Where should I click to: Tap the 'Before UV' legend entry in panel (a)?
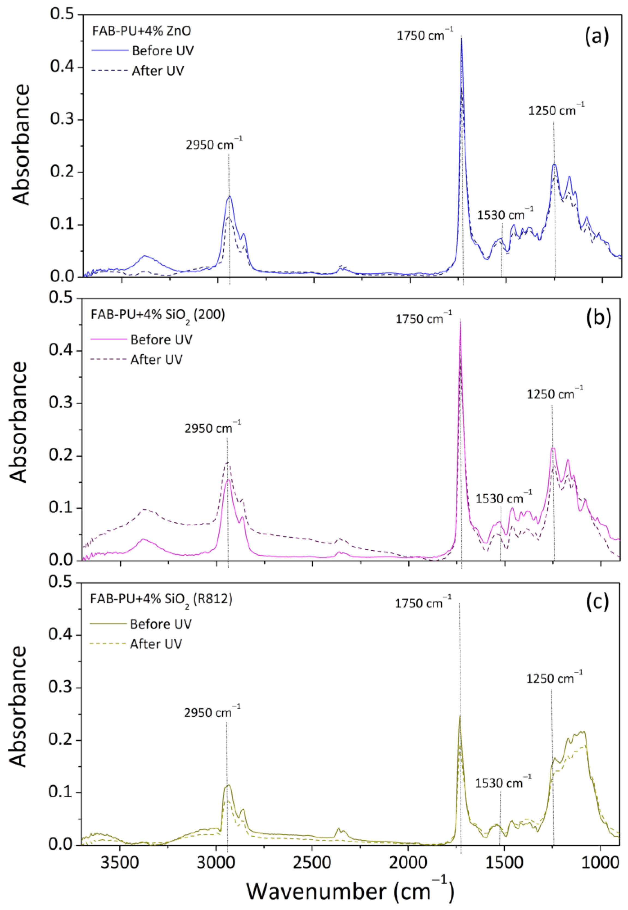coord(163,51)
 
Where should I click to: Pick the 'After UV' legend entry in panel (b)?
coord(157,360)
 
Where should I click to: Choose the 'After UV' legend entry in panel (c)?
coord(156,644)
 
